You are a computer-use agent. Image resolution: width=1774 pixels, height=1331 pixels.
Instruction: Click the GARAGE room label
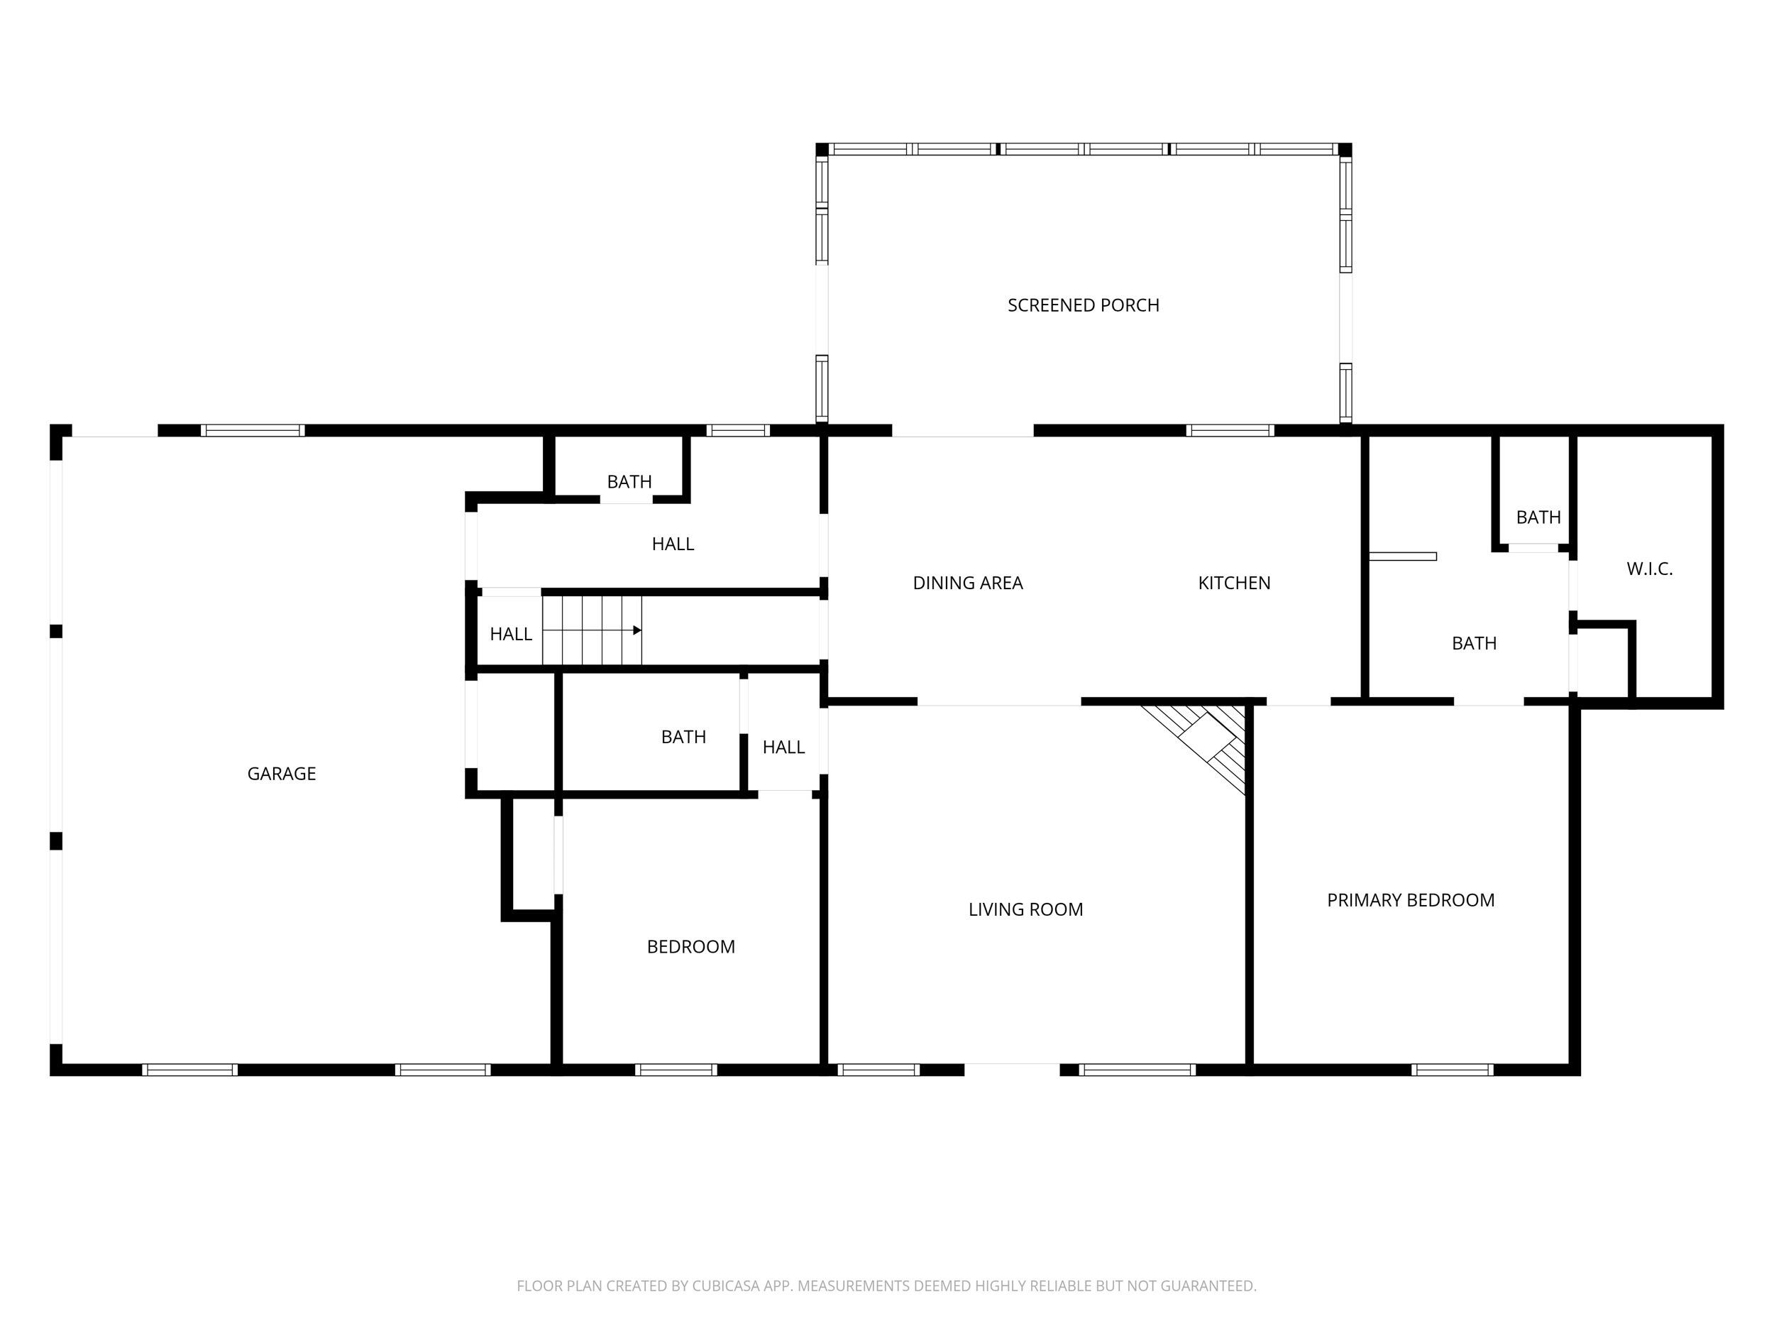282,774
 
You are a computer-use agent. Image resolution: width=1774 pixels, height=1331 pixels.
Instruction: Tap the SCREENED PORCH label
1083,305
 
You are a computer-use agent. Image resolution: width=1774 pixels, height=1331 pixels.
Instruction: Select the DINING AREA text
967,584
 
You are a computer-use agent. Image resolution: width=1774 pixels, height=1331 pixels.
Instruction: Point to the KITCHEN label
1233,584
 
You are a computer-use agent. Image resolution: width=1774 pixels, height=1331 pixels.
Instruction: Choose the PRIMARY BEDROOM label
1410,900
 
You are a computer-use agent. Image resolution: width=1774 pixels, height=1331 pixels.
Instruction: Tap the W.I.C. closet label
1649,569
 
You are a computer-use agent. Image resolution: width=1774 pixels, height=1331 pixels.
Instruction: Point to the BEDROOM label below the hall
690,947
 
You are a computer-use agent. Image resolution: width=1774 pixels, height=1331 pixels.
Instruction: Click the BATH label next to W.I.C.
1538,517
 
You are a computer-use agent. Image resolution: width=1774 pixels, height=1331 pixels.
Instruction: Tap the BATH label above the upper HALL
629,482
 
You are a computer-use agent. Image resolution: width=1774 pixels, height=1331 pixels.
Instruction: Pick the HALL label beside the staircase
511,634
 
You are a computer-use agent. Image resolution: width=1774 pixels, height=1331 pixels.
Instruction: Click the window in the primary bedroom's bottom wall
1452,1070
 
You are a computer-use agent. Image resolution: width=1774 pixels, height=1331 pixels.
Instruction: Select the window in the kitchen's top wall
1230,431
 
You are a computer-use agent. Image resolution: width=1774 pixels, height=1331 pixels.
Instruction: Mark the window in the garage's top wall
253,431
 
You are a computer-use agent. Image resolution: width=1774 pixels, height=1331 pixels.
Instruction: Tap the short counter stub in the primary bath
1402,556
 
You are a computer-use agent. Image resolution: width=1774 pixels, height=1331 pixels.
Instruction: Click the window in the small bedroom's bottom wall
676,1070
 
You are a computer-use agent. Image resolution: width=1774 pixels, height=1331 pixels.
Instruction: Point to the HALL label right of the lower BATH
783,747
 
